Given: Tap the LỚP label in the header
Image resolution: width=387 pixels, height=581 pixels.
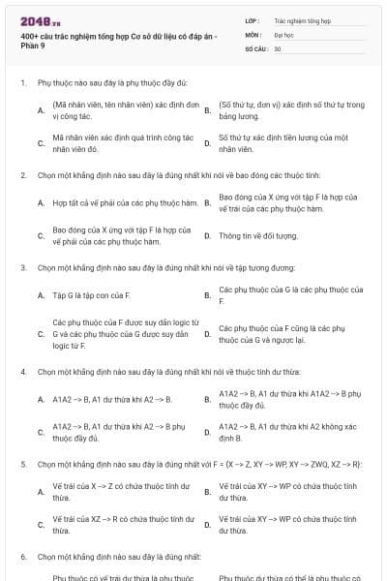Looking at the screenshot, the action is pos(252,19).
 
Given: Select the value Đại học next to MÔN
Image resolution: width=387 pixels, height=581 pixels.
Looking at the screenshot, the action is pos(283,34).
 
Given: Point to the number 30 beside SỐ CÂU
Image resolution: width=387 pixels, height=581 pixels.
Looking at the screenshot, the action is pos(278,47).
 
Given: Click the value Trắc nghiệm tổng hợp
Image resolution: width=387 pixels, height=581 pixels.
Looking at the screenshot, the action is pos(300,19).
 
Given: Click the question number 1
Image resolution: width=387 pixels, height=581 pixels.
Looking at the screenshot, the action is pos(22,83).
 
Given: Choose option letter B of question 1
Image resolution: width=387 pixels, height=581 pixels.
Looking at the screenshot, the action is pos(208,109).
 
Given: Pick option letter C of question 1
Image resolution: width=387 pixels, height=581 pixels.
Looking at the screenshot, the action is pos(41,144).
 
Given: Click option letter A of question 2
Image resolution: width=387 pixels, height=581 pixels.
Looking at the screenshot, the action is pos(41,203).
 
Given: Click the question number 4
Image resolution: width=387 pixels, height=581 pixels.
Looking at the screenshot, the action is pos(22,371).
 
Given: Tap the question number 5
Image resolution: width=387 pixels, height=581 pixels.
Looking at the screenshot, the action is pos(22,464).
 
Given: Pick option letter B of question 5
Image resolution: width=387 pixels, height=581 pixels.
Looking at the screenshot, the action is pos(208,492).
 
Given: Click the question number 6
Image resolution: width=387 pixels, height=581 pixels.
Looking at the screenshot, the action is pos(22,557).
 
